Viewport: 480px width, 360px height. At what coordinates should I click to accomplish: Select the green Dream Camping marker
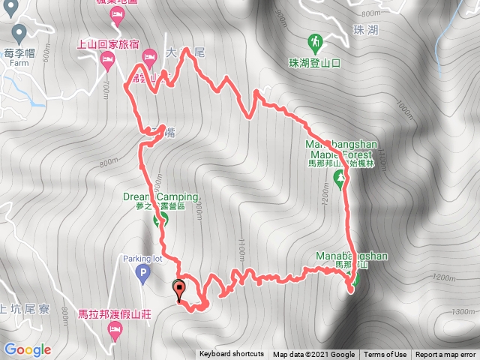[160, 219]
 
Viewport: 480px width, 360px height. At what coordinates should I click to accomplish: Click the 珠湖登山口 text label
[314, 63]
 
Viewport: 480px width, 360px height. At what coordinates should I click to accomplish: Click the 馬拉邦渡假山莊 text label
[115, 313]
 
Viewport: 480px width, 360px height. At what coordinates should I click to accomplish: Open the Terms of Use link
[386, 355]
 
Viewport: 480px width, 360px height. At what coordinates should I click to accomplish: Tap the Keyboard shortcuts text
[231, 355]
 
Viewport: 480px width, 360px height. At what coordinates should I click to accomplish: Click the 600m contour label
[47, 54]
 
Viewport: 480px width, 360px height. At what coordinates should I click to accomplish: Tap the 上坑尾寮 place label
[22, 307]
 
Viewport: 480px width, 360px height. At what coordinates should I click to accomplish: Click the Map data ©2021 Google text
[313, 355]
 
